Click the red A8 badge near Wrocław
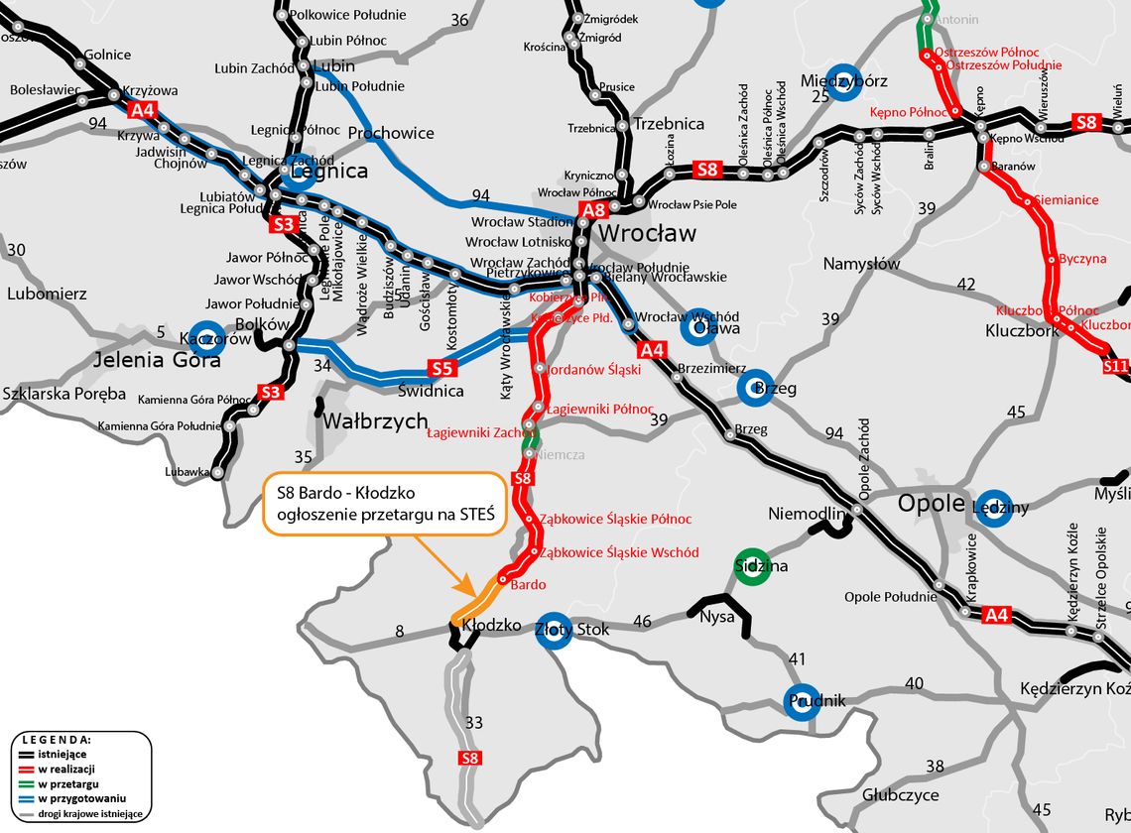pyautogui.click(x=593, y=209)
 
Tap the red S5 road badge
pyautogui.click(x=442, y=369)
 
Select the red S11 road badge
pyautogui.click(x=1115, y=366)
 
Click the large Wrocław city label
pyautogui.click(x=649, y=234)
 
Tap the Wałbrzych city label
pyautogui.click(x=374, y=420)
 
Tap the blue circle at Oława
pyautogui.click(x=697, y=326)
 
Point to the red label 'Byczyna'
pyautogui.click(x=1082, y=259)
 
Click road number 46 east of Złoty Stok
pyautogui.click(x=643, y=622)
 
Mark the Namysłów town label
pyautogui.click(x=861, y=264)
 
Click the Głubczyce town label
pyautogui.click(x=901, y=795)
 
